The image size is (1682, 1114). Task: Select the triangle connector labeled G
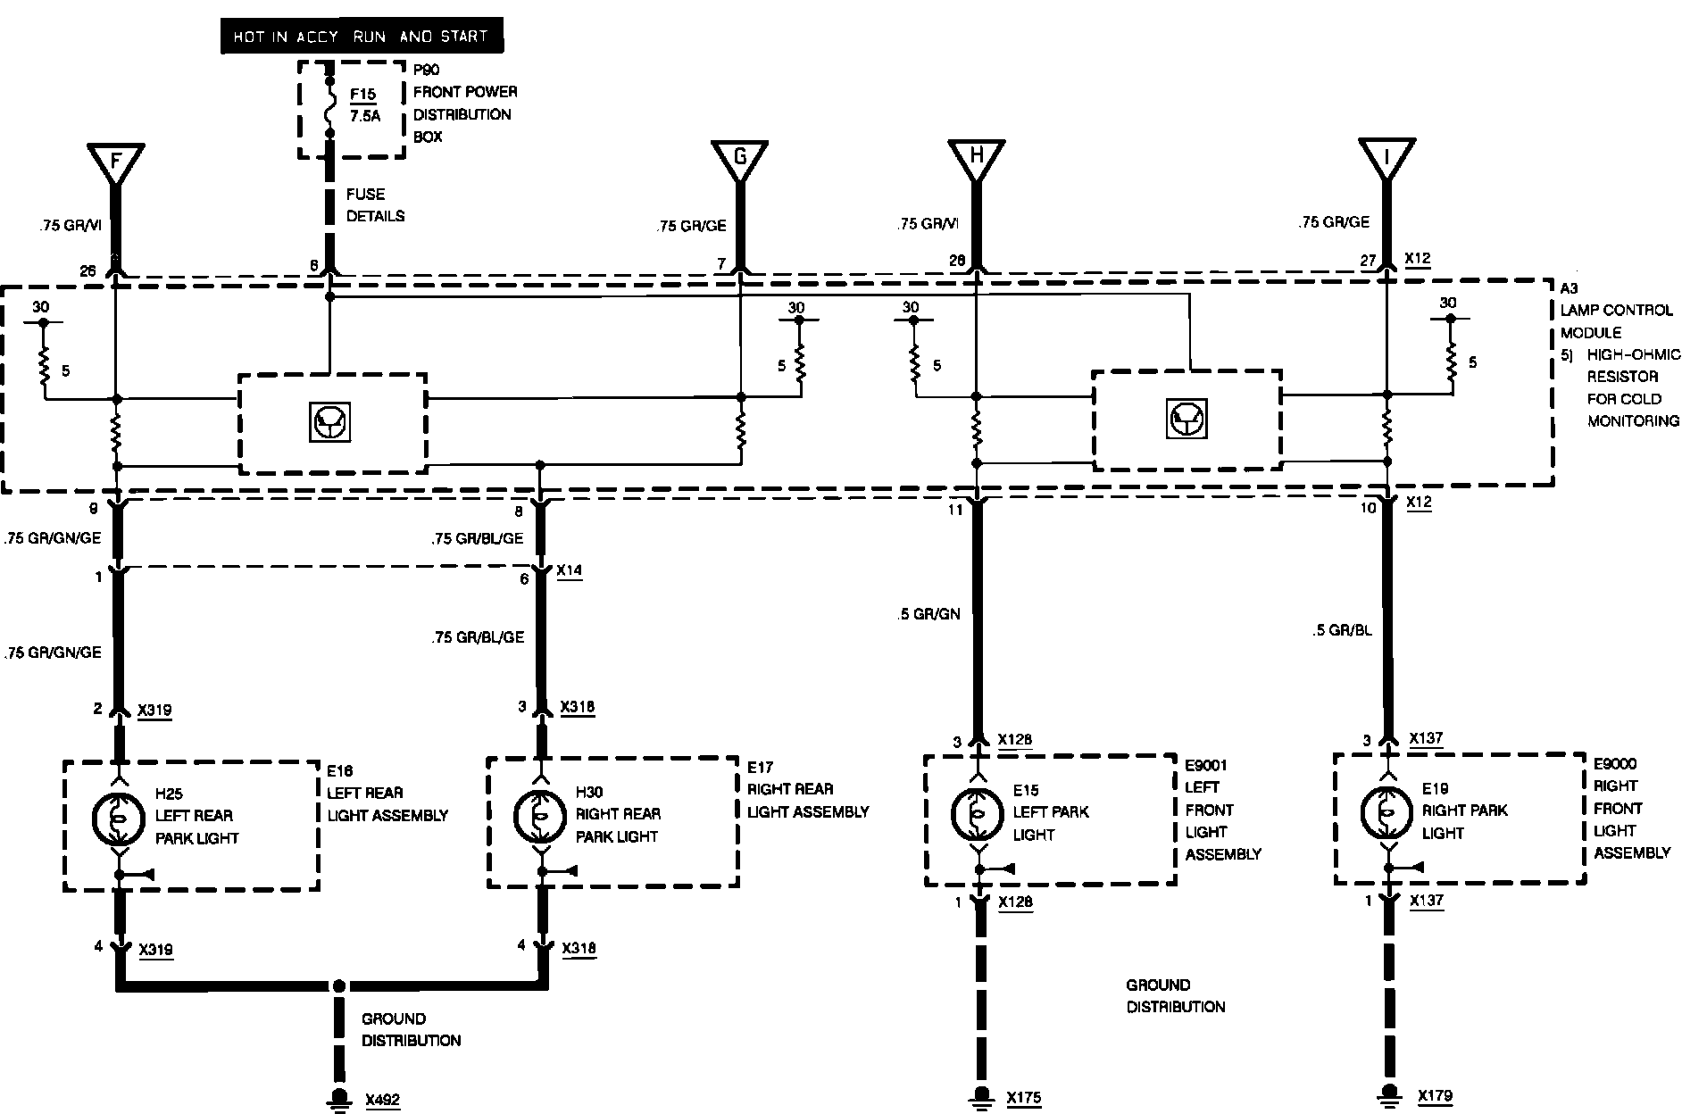point(739,159)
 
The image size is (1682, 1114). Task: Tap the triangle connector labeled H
point(976,158)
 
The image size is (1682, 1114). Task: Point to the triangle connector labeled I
point(1386,159)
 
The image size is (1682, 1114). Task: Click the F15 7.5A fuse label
point(363,104)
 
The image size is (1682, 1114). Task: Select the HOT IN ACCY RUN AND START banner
point(361,37)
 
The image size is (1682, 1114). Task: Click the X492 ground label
point(382,1101)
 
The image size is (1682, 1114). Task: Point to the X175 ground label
point(1023,1099)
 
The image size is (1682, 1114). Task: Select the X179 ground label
point(1436,1096)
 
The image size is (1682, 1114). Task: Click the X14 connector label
point(569,570)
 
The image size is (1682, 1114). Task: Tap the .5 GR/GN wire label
point(928,614)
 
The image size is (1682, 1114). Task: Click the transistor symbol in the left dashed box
point(330,422)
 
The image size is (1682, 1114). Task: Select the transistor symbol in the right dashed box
point(1187,420)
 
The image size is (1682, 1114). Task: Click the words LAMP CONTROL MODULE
point(1616,321)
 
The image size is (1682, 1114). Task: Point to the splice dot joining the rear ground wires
point(338,986)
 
